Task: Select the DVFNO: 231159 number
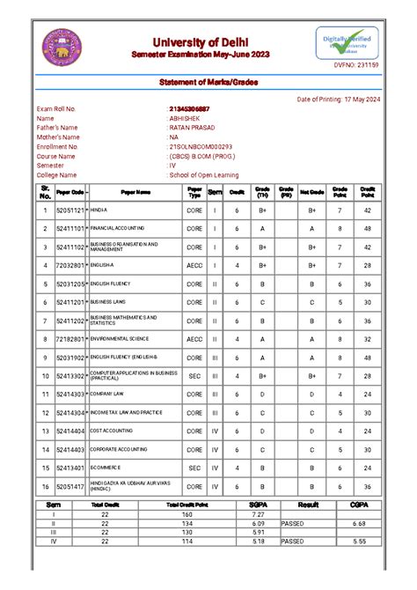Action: (x=356, y=66)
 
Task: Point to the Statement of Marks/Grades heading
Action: (x=208, y=82)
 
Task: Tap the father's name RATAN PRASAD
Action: (x=193, y=128)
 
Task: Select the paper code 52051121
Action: (x=69, y=211)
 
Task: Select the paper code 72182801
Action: (x=69, y=339)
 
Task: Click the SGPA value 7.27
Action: (x=257, y=513)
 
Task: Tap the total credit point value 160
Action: (x=187, y=513)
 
